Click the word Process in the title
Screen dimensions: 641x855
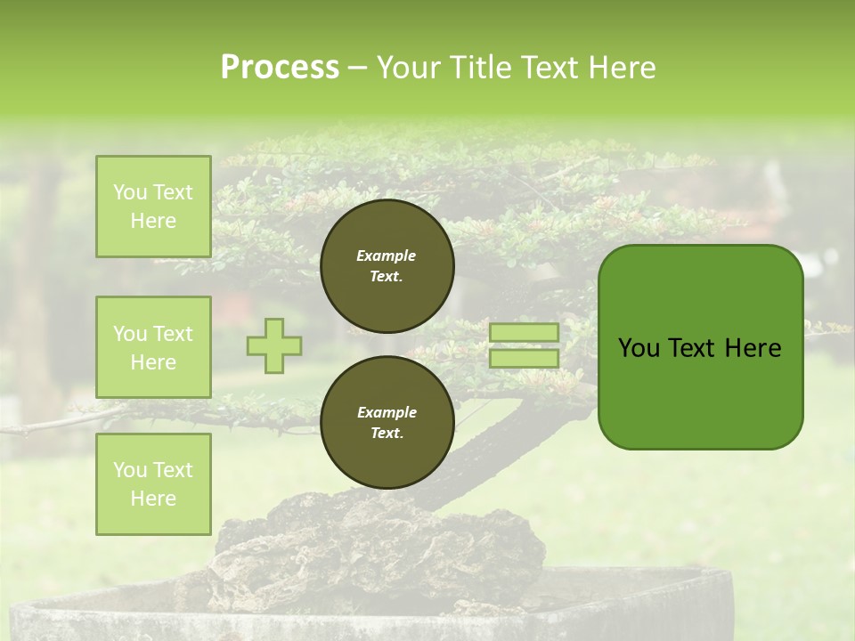pos(280,68)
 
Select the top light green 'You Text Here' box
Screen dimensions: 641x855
pos(153,207)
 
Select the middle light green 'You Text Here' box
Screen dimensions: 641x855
pos(153,347)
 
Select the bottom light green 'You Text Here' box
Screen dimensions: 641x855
pos(153,484)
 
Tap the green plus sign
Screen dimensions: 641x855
pos(274,345)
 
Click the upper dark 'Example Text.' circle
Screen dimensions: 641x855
pos(387,266)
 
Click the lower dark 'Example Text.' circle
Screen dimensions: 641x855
pos(387,422)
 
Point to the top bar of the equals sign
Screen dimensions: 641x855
pos(525,333)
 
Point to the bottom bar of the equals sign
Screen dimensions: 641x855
pos(525,359)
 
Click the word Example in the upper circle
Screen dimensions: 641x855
pos(387,256)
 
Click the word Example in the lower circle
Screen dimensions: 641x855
pos(387,412)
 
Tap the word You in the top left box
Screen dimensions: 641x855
pos(130,192)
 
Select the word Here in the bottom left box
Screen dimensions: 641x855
pos(153,499)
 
